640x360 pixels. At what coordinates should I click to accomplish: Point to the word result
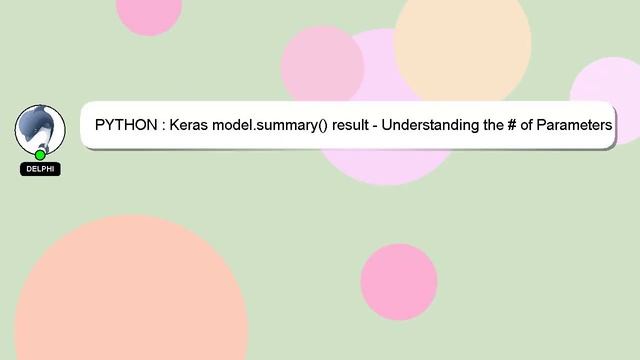(x=352, y=126)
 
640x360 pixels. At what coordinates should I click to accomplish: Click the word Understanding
(x=435, y=126)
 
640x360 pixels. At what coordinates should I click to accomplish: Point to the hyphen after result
(x=380, y=126)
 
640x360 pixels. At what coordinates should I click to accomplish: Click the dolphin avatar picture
(x=40, y=128)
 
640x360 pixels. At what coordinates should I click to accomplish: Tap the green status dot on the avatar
(x=40, y=155)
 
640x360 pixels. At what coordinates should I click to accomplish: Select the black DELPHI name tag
(x=40, y=169)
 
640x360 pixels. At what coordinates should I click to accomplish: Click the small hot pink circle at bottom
(x=399, y=282)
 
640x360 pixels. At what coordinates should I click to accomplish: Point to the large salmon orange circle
(x=130, y=300)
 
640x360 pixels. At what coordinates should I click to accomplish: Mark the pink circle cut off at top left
(x=150, y=12)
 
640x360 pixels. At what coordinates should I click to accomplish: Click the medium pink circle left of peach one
(x=322, y=65)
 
